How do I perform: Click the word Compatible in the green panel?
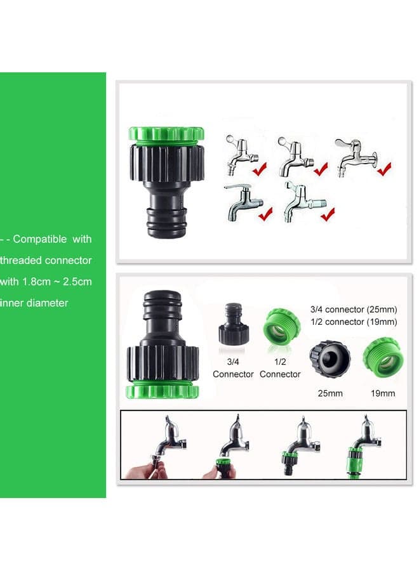tap(40, 239)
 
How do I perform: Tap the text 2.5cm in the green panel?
tap(77, 282)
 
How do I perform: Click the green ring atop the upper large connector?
tap(166, 134)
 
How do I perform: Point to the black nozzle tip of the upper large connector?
tap(167, 223)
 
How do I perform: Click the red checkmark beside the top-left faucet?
tap(260, 169)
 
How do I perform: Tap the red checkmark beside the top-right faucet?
tap(384, 169)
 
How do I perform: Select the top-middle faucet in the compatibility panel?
tap(295, 156)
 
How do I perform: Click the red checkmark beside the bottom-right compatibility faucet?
tap(328, 214)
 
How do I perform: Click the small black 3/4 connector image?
tap(235, 324)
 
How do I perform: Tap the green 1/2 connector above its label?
tap(282, 327)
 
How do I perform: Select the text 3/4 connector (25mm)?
tap(354, 310)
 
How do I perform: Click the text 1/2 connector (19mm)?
tap(354, 322)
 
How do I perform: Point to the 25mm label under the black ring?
tap(330, 393)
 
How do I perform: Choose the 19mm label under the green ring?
tap(383, 393)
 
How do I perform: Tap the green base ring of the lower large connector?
tap(163, 390)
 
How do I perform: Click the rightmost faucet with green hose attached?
tap(364, 446)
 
